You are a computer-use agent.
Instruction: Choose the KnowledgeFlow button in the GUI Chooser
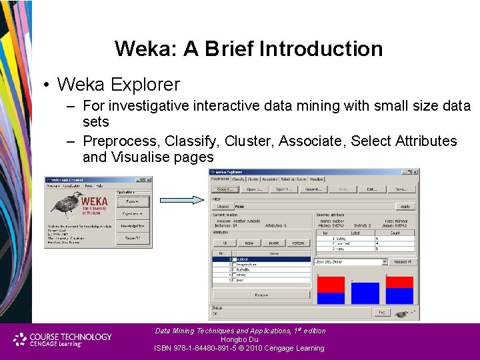133,227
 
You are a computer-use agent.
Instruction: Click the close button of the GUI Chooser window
149,180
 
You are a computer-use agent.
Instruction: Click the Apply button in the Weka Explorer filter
405,207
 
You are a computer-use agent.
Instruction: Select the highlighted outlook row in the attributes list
267,259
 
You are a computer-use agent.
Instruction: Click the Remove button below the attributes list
261,295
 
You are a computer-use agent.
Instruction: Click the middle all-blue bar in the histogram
365,293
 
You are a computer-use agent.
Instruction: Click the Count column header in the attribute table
395,233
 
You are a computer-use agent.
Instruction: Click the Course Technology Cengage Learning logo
63,339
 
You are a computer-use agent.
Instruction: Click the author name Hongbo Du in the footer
239,339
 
